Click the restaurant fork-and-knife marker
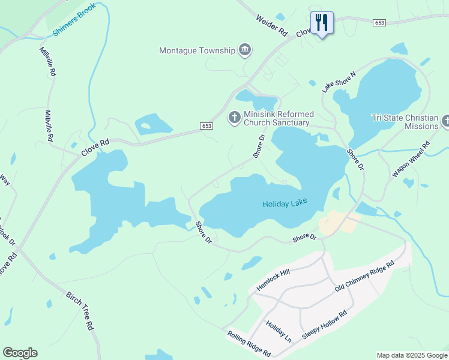(322, 23)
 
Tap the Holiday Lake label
(285, 204)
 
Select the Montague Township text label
(197, 50)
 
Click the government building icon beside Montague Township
(244, 50)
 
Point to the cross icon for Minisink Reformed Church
(234, 118)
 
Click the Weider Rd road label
(271, 27)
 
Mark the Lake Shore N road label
(339, 82)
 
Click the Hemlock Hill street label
(273, 280)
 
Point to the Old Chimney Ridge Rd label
(364, 277)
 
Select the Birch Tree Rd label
(80, 312)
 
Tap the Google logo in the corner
(20, 352)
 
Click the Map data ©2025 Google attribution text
(411, 355)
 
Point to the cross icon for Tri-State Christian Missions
(445, 121)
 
